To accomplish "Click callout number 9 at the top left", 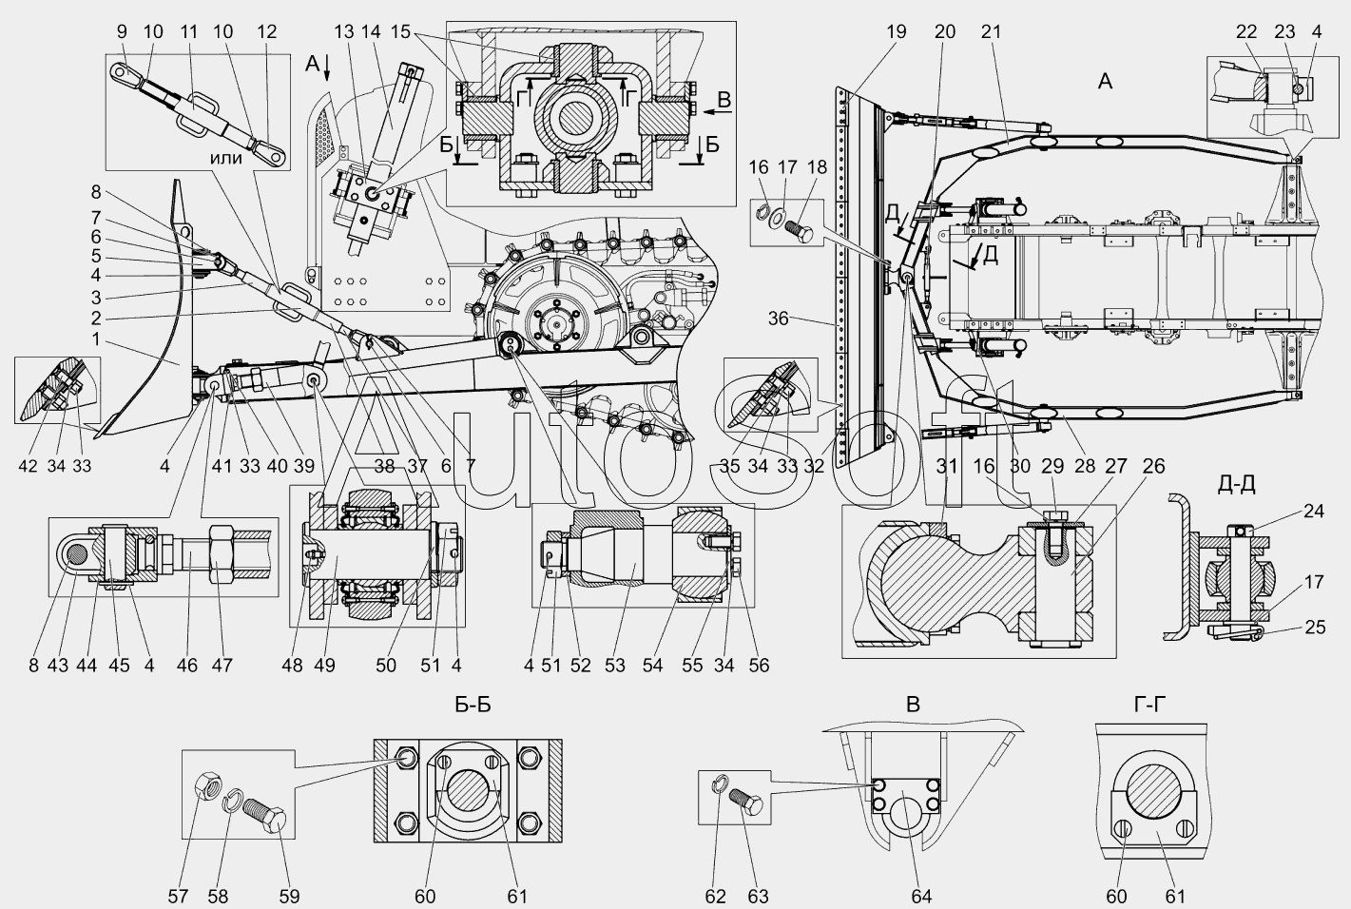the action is [x=123, y=31].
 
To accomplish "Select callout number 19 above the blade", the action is [x=897, y=31].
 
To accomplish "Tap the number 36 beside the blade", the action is [x=779, y=318].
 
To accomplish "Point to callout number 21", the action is [x=991, y=31].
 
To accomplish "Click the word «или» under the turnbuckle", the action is [x=226, y=158].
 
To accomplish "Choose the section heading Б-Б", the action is [x=473, y=704].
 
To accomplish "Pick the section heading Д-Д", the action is [x=1236, y=484].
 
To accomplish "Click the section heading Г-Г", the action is [x=1149, y=704].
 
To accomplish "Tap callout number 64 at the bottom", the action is [x=921, y=897].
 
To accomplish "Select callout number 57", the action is [x=178, y=897].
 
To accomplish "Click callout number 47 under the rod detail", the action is [x=222, y=665].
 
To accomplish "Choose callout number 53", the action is [x=615, y=665].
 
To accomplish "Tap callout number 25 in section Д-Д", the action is [x=1315, y=627].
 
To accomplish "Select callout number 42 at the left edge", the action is [x=28, y=466].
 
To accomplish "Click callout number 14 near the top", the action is [x=372, y=31].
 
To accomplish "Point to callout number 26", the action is [x=1153, y=466].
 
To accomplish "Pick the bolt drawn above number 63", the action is [x=746, y=802].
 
